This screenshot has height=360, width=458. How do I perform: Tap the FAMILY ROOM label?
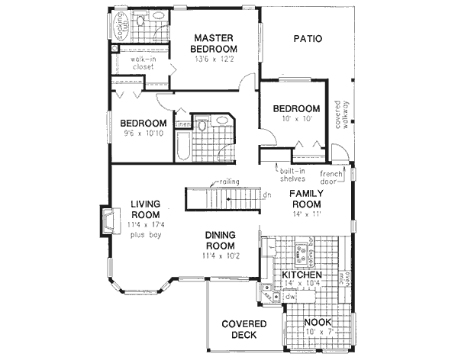point(307,201)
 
